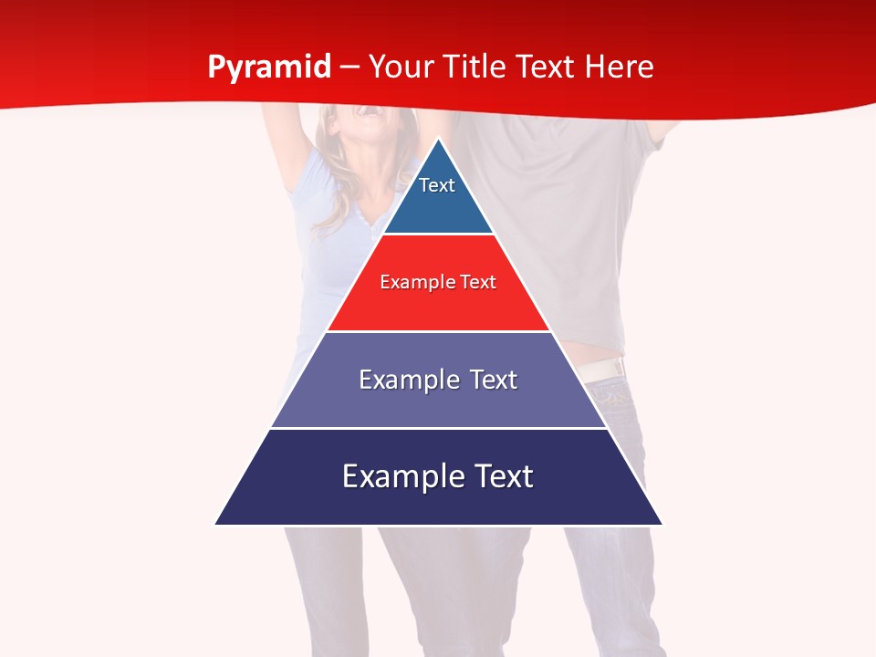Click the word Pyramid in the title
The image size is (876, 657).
coord(268,68)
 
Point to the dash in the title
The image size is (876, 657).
coord(349,68)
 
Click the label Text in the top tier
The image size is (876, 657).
coord(437,185)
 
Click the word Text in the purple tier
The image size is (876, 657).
coord(494,380)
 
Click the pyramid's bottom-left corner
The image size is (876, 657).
coord(215,524)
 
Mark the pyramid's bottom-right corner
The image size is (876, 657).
coord(662,524)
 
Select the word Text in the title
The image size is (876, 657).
coord(547,67)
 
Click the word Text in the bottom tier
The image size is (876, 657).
coord(502,476)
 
